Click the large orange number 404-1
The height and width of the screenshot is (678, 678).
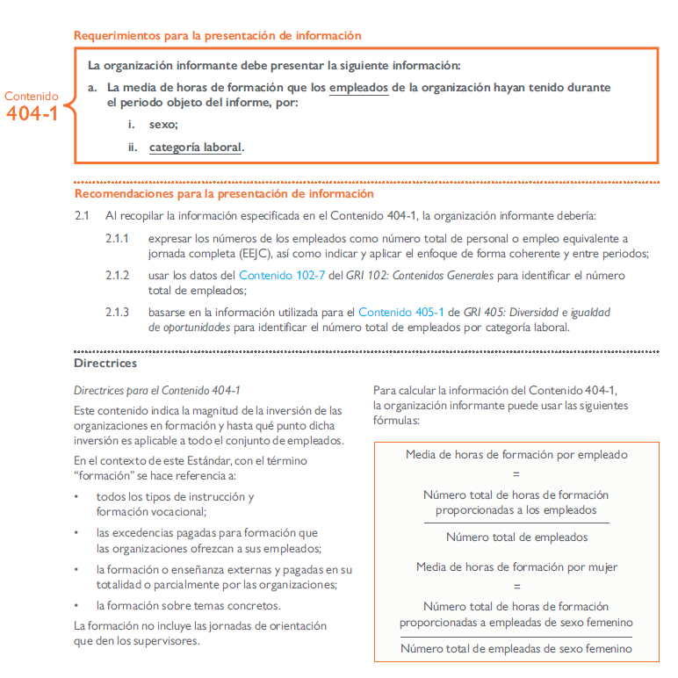click(x=32, y=113)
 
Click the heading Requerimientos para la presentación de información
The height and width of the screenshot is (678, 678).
click(x=218, y=36)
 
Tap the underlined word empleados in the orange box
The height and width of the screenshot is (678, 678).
click(x=359, y=88)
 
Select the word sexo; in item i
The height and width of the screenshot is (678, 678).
click(x=163, y=125)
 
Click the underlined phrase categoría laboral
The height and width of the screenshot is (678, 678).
click(x=195, y=148)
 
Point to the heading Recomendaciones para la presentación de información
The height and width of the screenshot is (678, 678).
click(x=224, y=194)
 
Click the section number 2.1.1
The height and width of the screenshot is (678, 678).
click(x=117, y=239)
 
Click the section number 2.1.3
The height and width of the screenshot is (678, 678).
click(x=117, y=313)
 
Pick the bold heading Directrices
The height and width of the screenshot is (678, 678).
click(x=105, y=362)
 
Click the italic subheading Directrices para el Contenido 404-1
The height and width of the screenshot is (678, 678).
click(x=157, y=390)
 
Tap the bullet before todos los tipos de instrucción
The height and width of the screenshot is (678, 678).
click(x=77, y=497)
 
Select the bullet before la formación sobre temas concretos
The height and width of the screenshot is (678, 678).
click(x=77, y=606)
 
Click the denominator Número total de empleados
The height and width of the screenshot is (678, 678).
click(x=516, y=537)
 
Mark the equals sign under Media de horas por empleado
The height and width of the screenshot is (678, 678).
click(x=516, y=473)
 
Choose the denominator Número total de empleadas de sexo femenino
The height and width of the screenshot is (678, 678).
click(x=516, y=649)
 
